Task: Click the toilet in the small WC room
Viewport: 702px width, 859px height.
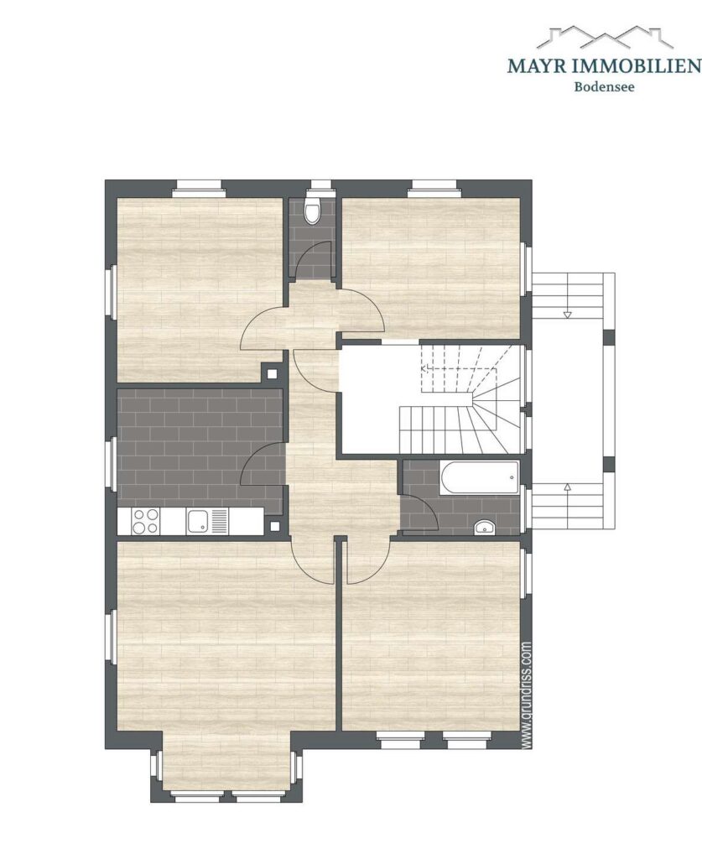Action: [312, 211]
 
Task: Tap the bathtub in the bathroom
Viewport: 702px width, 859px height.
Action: [478, 479]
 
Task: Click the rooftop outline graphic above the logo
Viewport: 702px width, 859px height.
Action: [604, 38]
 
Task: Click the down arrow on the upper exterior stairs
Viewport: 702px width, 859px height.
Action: [567, 314]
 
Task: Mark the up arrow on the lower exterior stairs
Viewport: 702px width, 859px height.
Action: [568, 487]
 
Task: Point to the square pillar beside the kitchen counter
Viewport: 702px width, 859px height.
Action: [275, 526]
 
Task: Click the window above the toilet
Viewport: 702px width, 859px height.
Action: [320, 185]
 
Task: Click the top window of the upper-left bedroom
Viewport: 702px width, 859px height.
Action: [198, 190]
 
